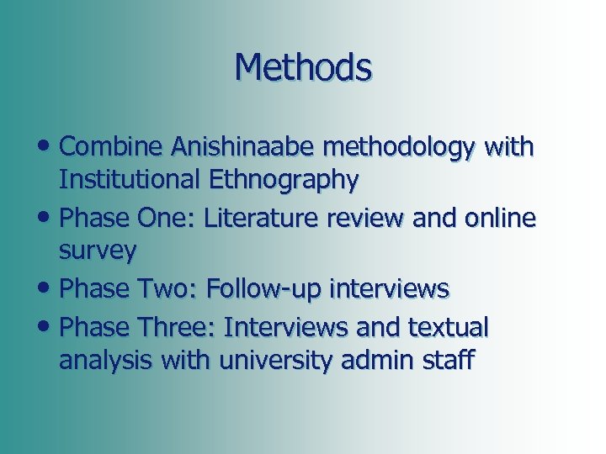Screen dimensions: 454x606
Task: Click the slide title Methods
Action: coord(303,67)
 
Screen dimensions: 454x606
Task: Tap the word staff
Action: coord(448,362)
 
